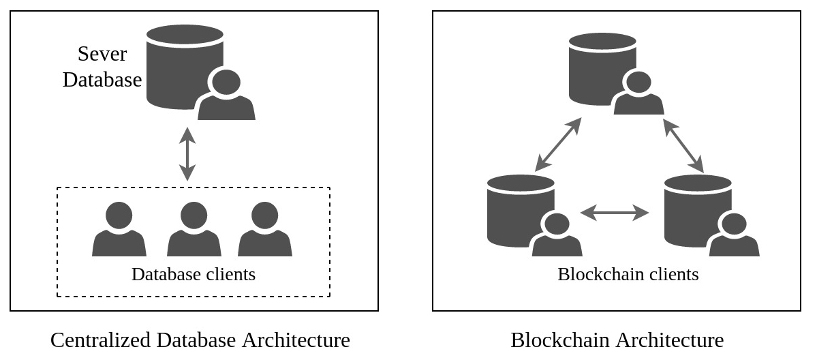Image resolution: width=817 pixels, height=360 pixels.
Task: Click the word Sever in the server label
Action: (102, 54)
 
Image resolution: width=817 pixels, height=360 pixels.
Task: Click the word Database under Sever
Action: (102, 80)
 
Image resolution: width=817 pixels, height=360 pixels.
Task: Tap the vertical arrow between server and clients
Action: (187, 154)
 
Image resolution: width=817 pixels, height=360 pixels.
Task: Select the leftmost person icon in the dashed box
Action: (119, 230)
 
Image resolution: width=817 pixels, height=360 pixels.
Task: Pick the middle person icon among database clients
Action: (194, 230)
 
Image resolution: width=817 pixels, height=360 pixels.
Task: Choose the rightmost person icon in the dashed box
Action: (265, 230)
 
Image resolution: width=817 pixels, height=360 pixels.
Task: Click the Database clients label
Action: (194, 274)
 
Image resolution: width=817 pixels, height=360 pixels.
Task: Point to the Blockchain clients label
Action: (628, 274)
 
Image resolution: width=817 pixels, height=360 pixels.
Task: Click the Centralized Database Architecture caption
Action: (200, 340)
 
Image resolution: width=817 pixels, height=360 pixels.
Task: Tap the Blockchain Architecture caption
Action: (617, 340)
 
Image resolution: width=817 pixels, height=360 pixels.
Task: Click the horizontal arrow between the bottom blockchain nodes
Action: (615, 213)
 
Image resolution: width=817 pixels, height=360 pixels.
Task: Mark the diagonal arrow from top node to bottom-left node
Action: (558, 145)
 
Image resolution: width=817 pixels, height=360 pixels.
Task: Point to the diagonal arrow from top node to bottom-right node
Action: (683, 145)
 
